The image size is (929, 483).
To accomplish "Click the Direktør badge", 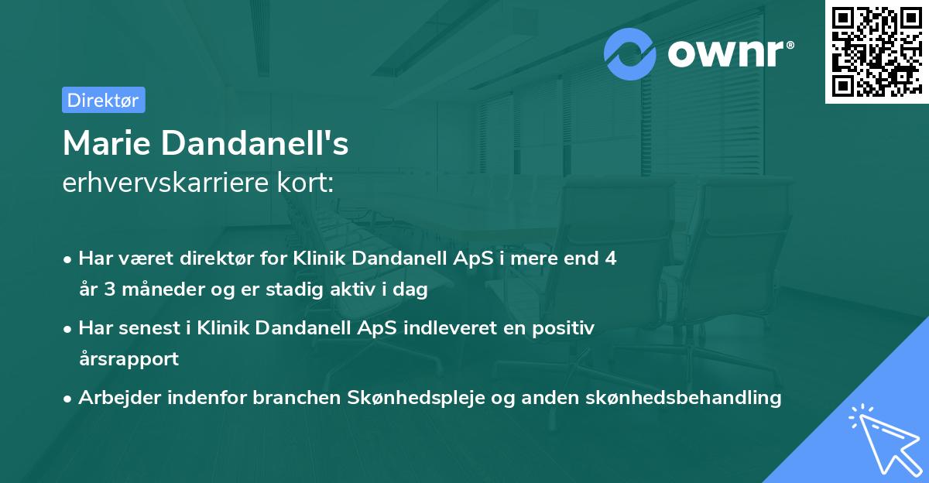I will click(x=103, y=100).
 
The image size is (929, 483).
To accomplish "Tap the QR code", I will click(x=876, y=51).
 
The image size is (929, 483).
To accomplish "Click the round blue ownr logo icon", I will click(x=630, y=53).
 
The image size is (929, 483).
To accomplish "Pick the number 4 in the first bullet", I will click(x=611, y=259).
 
